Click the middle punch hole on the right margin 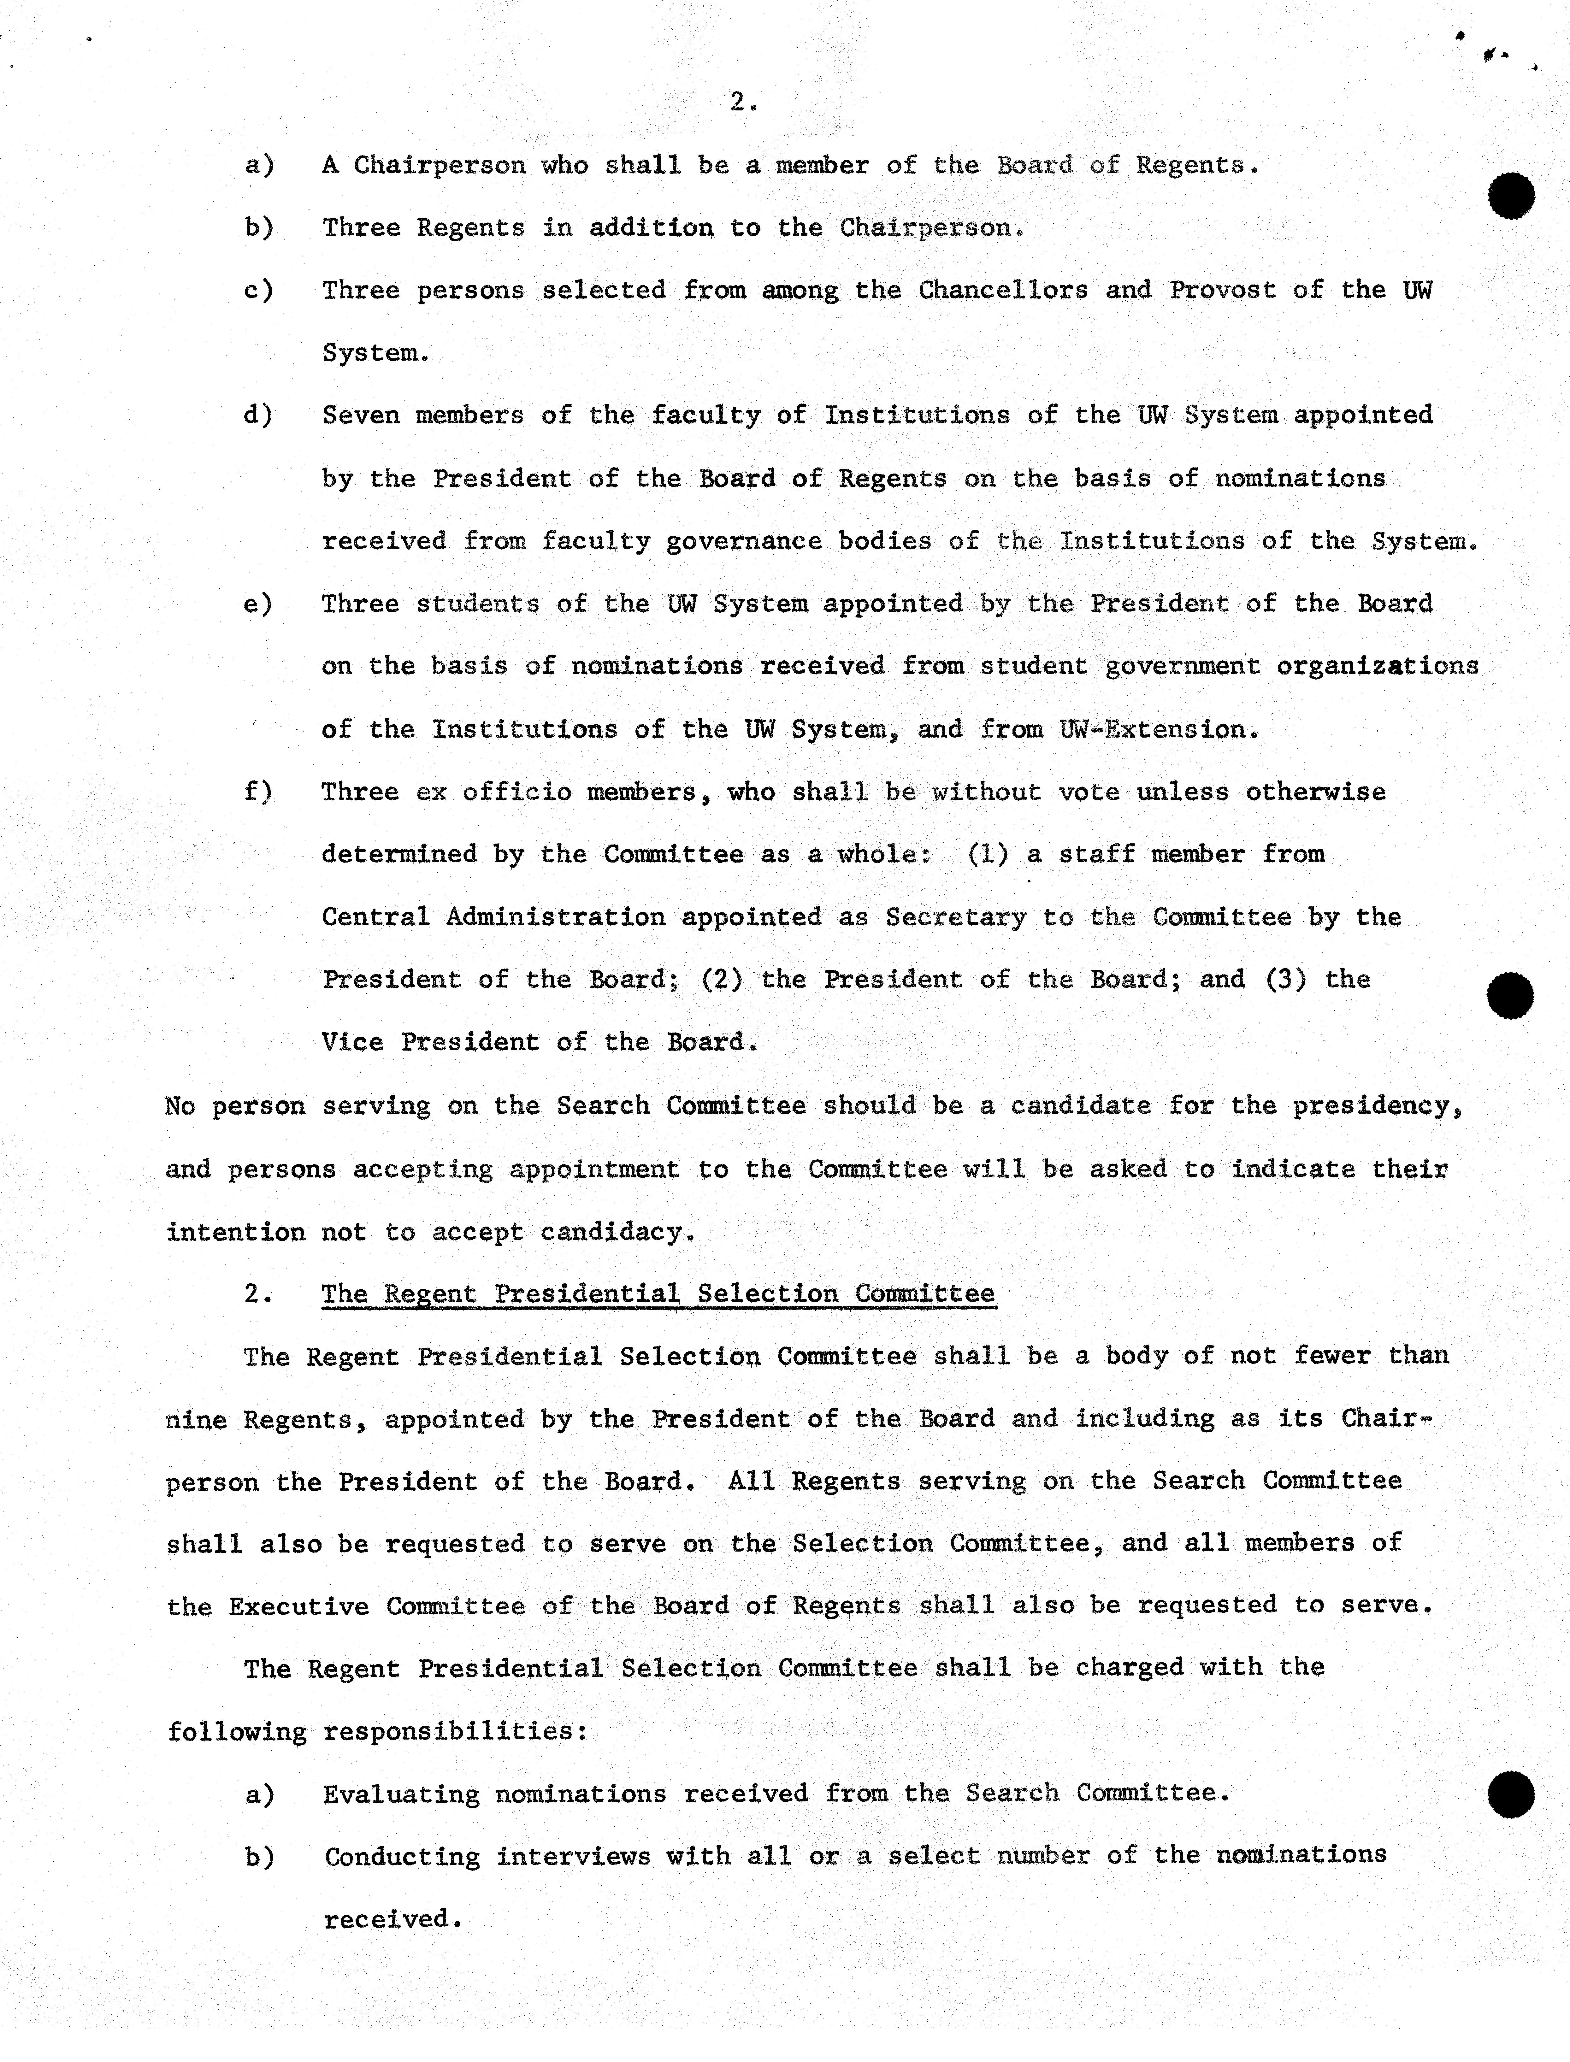(1509, 995)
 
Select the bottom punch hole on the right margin (1509, 1794)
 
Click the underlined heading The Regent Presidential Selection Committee (658, 1294)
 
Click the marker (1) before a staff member (988, 854)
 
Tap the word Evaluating (401, 1794)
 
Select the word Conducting (402, 1856)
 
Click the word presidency (1376, 1106)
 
